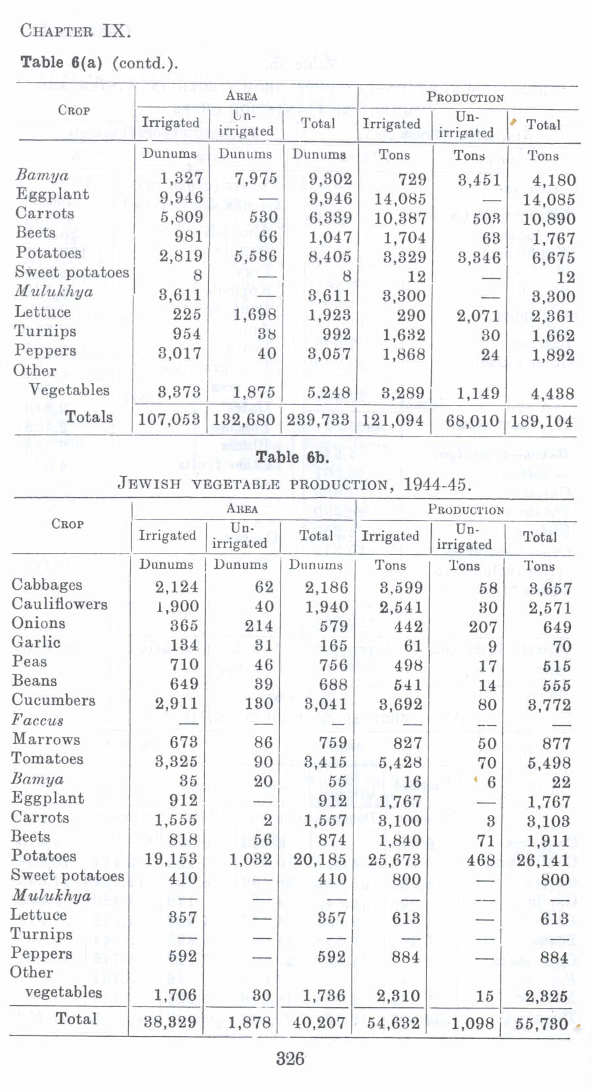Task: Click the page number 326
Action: pyautogui.click(x=290, y=1058)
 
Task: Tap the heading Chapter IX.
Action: pyautogui.click(x=75, y=31)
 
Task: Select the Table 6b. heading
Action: pyautogui.click(x=292, y=458)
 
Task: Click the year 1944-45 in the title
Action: pyautogui.click(x=436, y=485)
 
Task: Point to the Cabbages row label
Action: pyautogui.click(x=47, y=584)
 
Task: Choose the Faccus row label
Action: pyautogui.click(x=37, y=720)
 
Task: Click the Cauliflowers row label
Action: pyautogui.click(x=59, y=604)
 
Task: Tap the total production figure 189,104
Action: pyautogui.click(x=542, y=421)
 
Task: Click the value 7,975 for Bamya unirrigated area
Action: pyautogui.click(x=256, y=179)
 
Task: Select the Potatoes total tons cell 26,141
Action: pyautogui.click(x=544, y=861)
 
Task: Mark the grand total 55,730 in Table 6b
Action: pyautogui.click(x=542, y=1024)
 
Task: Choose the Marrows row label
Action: pyautogui.click(x=46, y=739)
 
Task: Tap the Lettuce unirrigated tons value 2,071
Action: pyautogui.click(x=479, y=316)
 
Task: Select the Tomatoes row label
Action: pyautogui.click(x=47, y=759)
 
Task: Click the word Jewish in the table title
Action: pyautogui.click(x=148, y=485)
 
